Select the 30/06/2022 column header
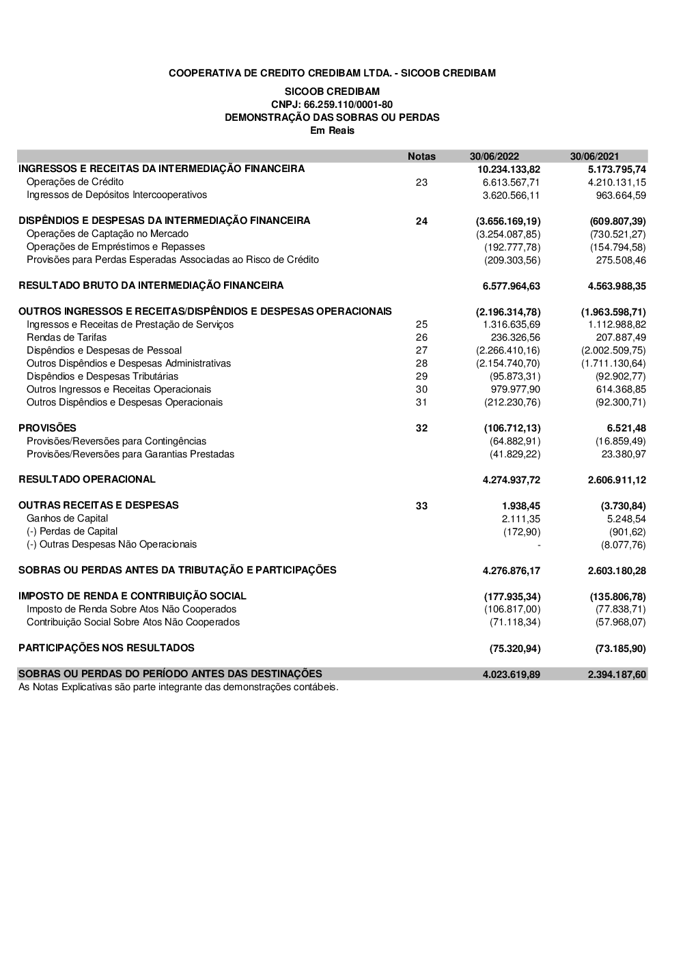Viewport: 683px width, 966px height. (x=494, y=156)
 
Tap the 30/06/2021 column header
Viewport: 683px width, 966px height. (x=594, y=156)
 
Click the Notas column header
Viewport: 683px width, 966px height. (x=421, y=156)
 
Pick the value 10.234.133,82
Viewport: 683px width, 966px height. (x=509, y=169)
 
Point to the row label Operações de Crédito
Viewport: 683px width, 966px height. (x=75, y=182)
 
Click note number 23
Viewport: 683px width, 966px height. (x=421, y=182)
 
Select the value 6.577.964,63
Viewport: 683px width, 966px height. (x=511, y=286)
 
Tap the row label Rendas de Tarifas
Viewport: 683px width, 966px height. (x=66, y=337)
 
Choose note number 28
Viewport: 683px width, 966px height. (x=421, y=363)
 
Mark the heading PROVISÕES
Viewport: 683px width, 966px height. (x=47, y=428)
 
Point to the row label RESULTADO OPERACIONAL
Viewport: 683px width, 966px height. (x=87, y=479)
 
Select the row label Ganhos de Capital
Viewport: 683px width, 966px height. (x=67, y=518)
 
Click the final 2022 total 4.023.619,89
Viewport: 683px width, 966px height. (x=511, y=674)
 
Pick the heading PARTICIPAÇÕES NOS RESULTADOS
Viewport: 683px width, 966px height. (x=106, y=648)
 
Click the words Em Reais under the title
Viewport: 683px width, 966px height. (x=333, y=130)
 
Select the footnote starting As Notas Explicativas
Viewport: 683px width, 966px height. (x=178, y=687)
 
